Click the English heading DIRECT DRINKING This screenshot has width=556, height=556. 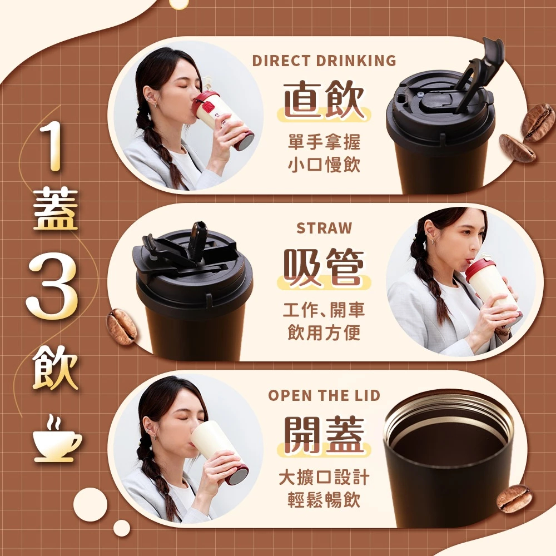[324, 61]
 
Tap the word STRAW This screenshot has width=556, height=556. [324, 228]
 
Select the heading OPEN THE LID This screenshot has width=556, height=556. [324, 395]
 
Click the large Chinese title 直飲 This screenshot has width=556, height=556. [324, 100]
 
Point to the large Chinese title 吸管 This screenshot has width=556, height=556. [324, 267]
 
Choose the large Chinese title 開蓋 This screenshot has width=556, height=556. [324, 435]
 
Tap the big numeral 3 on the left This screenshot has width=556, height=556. [52, 285]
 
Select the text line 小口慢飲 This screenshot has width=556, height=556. [324, 165]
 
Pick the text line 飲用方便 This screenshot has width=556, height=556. [324, 332]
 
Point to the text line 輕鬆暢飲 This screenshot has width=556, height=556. [324, 500]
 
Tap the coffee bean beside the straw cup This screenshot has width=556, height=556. [121, 327]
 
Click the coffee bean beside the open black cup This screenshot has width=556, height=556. [514, 498]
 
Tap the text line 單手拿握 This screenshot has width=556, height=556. [324, 142]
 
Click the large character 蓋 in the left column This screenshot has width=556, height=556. [55, 209]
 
